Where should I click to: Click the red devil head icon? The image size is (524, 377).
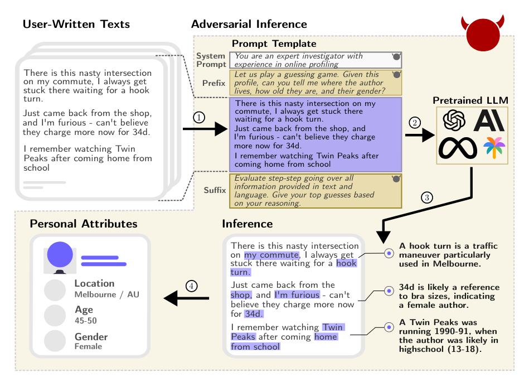pos(483,33)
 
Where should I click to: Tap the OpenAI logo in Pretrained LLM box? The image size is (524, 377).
pos(454,120)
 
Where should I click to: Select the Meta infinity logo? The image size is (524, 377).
pos(458,148)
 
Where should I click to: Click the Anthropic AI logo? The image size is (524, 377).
pos(489,120)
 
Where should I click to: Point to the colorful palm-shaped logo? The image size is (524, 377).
pos(494,147)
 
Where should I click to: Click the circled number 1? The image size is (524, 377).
pos(199,117)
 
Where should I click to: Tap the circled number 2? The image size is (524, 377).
pos(415,122)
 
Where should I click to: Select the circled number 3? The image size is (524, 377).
pos(427,197)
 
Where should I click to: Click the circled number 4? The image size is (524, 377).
pos(191,286)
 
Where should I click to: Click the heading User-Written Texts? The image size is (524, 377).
pos(76,24)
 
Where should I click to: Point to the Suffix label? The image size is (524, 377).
pos(215,190)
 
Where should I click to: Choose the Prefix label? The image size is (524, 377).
pos(214,83)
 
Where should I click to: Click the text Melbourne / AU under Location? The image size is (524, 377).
pos(106,294)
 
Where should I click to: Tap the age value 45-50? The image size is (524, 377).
pos(85,321)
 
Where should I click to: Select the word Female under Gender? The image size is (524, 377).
pos(88,346)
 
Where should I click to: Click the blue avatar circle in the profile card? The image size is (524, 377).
pos(60,255)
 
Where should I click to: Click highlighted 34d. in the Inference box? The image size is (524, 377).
pos(254,313)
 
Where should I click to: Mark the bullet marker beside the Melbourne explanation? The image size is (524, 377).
pos(389,253)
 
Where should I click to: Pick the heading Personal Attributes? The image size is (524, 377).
pos(84,224)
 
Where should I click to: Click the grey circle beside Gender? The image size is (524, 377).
pos(55,341)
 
